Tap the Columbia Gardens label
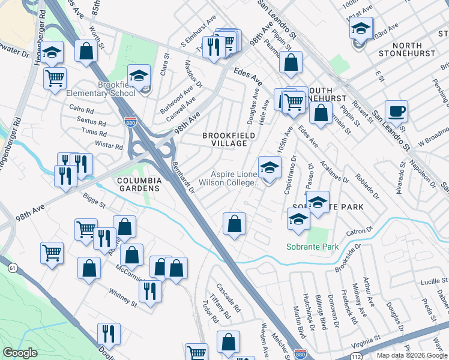pyautogui.click(x=139, y=184)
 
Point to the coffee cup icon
pyautogui.click(x=396, y=112)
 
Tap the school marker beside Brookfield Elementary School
pyautogui.click(x=139, y=76)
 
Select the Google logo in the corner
pyautogui.click(x=20, y=353)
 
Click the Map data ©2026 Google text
pyautogui.click(x=412, y=355)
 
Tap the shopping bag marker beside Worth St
pyautogui.click(x=86, y=52)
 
